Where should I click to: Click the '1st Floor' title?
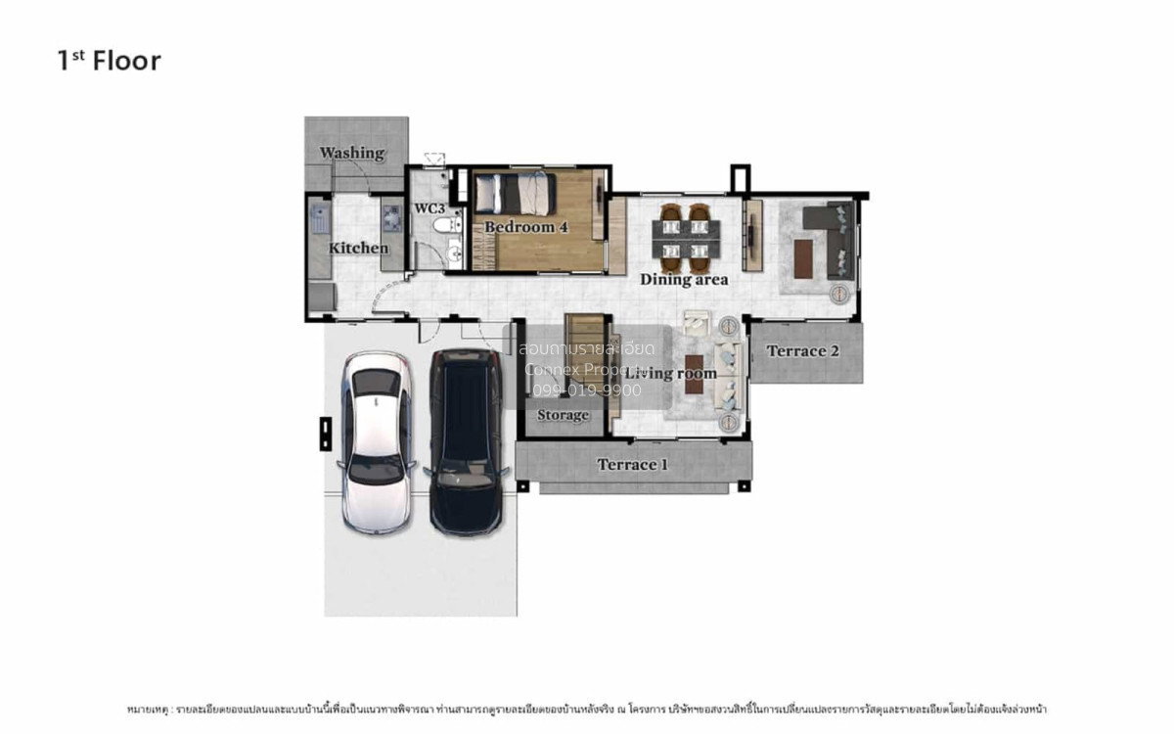click(109, 61)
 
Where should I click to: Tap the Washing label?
click(352, 153)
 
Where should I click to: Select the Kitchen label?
click(357, 248)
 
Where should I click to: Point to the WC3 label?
click(429, 208)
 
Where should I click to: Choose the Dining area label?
click(684, 279)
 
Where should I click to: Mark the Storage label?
click(563, 415)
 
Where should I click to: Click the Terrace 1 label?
click(632, 464)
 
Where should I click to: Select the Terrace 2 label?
click(802, 350)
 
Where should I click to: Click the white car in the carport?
click(376, 442)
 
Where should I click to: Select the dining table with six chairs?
click(686, 238)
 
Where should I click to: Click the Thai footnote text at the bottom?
click(587, 708)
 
